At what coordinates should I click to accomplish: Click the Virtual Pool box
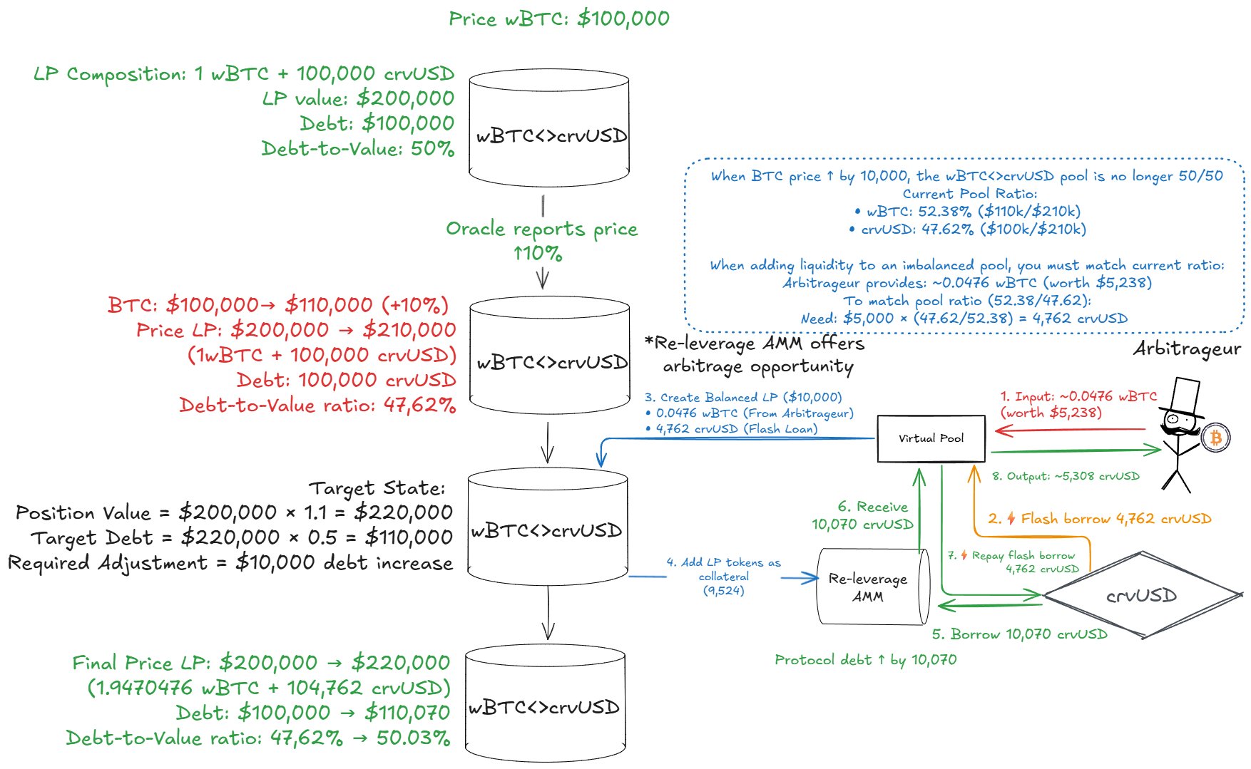(931, 438)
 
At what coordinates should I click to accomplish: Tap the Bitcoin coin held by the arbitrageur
(1215, 437)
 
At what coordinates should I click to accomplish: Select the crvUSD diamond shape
(1142, 595)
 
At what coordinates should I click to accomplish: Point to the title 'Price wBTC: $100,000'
(559, 19)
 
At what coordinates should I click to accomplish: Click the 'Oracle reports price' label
(542, 229)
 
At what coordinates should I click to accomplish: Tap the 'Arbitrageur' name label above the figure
(1187, 349)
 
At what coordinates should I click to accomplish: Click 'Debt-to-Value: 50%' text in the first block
(358, 148)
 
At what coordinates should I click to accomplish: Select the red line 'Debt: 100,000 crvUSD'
(347, 380)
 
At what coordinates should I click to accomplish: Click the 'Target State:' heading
(377, 488)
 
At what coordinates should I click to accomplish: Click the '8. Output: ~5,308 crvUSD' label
(1066, 476)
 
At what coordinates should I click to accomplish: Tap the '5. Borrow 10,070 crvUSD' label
(1019, 634)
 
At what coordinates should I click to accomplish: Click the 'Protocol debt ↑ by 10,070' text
(865, 660)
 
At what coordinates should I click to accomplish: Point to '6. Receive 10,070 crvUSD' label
(863, 515)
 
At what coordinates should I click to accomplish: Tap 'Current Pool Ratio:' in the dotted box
(969, 194)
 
